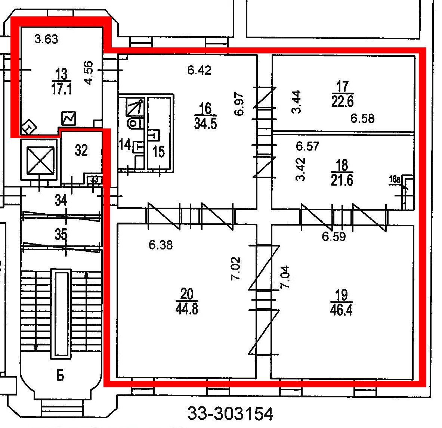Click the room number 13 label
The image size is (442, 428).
61,74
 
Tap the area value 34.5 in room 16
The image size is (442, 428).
205,123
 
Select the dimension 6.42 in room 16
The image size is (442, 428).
199,70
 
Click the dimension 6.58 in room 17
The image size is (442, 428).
362,118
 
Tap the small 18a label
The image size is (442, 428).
395,179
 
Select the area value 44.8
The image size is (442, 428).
186,309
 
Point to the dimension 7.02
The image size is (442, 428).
236,268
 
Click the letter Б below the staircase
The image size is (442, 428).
60,376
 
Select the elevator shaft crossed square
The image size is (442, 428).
40,160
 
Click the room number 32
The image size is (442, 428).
81,150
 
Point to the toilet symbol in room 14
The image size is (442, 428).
135,123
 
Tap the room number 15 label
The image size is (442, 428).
158,152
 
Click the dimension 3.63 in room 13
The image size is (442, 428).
46,39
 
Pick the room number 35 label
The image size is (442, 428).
61,234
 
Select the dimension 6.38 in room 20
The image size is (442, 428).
161,245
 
